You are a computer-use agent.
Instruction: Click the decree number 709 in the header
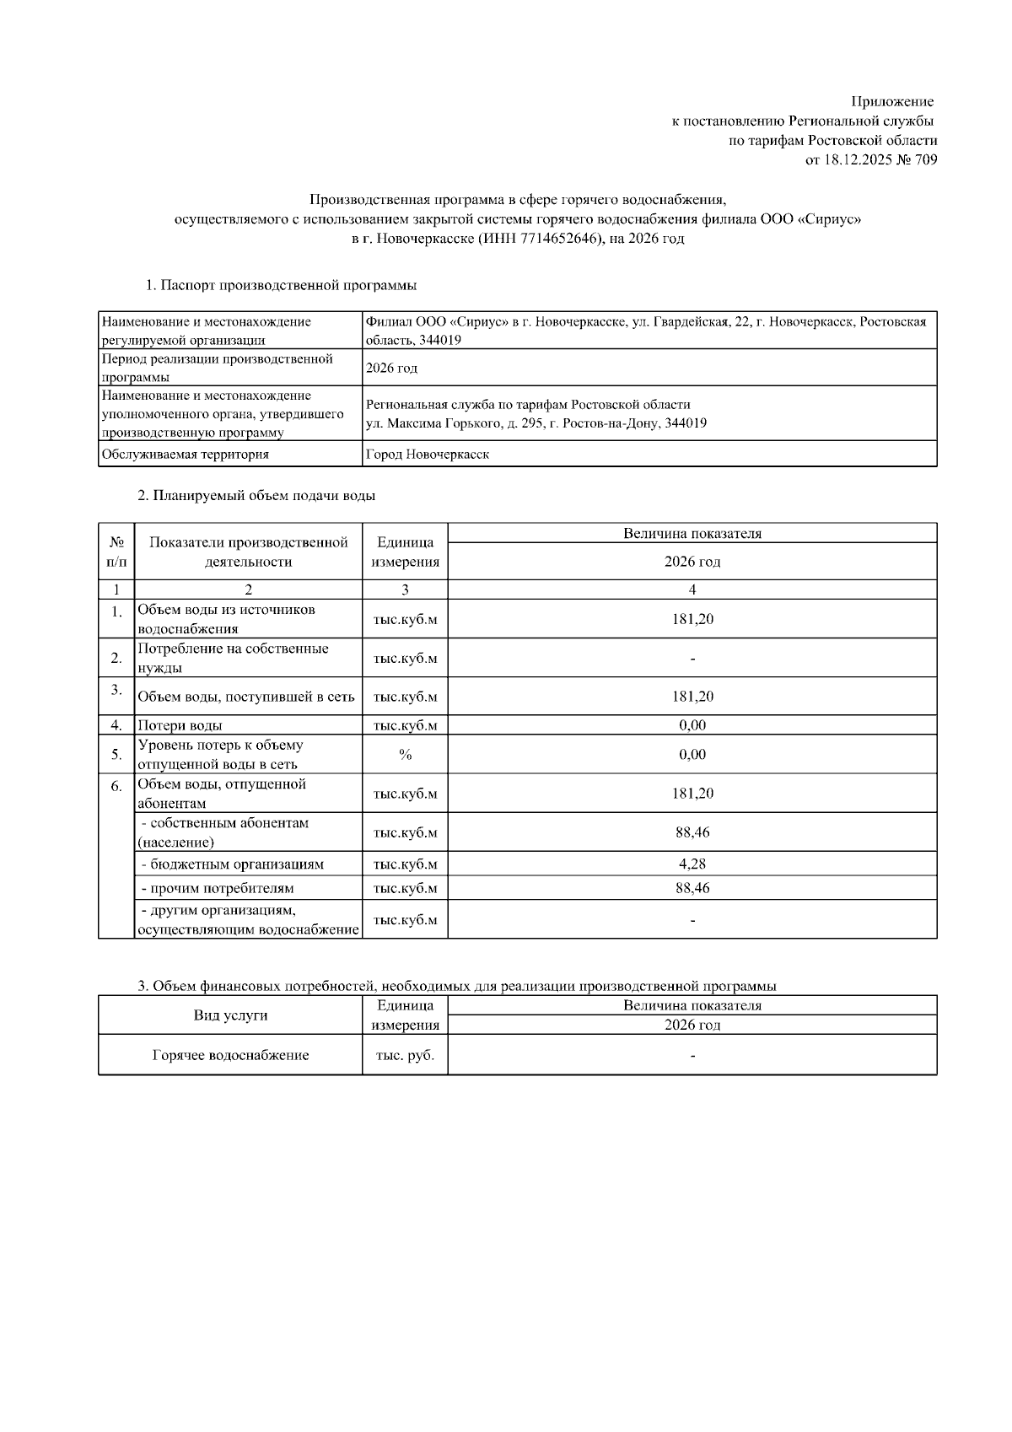point(924,160)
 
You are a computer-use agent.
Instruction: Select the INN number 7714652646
point(556,239)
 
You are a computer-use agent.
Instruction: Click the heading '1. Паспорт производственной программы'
point(281,285)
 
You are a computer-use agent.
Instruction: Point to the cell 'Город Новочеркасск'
point(427,455)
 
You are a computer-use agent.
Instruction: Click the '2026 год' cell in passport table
point(391,369)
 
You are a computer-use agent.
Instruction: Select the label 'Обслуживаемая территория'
point(186,455)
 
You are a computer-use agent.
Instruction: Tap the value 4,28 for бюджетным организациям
point(692,864)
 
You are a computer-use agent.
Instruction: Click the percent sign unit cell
point(405,755)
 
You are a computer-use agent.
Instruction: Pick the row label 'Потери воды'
point(180,725)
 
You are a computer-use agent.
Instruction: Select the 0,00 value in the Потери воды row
point(692,725)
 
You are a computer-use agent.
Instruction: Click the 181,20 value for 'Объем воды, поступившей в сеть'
point(692,697)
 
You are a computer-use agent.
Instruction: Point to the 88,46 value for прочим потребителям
point(692,888)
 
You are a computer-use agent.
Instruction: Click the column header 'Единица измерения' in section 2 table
point(405,552)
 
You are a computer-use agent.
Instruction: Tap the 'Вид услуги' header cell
point(230,1015)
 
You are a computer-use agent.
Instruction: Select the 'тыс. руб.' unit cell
point(405,1055)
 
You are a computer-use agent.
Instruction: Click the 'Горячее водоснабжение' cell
point(230,1055)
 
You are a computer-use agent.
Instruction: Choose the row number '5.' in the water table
point(116,755)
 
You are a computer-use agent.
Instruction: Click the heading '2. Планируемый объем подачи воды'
point(256,496)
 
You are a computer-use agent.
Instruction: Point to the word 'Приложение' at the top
point(892,102)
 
